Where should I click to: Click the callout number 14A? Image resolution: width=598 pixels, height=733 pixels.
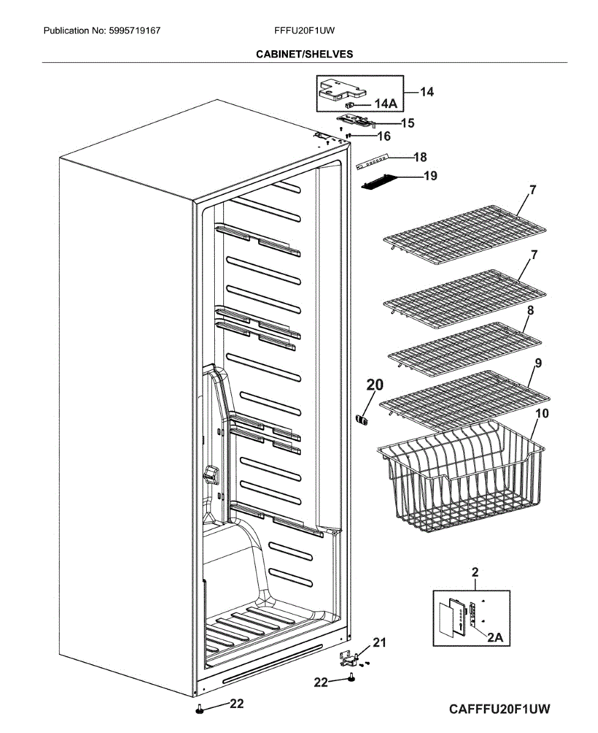click(x=385, y=105)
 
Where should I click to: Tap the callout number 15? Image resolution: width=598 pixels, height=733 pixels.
click(x=407, y=123)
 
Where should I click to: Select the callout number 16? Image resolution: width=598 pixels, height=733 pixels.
click(x=384, y=136)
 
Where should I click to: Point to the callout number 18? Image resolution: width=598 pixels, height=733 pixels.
click(x=420, y=157)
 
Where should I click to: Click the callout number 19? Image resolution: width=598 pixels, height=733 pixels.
click(x=430, y=177)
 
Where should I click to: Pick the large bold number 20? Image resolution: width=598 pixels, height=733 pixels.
click(x=375, y=385)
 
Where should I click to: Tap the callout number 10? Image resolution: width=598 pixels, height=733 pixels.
click(x=541, y=414)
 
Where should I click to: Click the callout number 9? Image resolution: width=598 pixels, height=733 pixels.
click(x=538, y=363)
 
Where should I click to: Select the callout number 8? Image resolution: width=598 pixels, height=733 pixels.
click(x=530, y=310)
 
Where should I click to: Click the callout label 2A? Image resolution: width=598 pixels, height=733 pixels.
click(x=495, y=637)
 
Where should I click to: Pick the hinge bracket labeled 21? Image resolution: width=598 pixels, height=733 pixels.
click(x=347, y=658)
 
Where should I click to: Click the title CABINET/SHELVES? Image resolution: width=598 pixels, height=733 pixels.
click(x=304, y=54)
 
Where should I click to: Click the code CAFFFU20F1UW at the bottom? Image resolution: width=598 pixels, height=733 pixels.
click(x=500, y=709)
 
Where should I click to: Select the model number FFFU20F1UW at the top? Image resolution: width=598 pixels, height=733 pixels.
click(x=304, y=30)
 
